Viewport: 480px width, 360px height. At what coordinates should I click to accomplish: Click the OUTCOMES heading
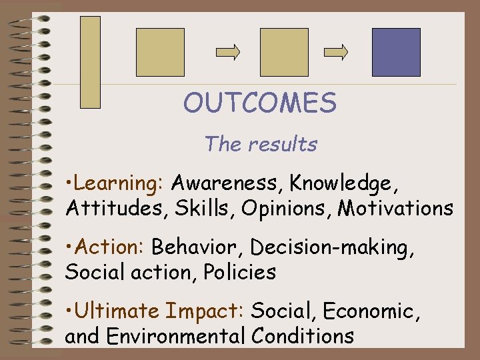pos(260,103)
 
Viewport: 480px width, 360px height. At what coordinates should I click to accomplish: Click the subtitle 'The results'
pos(261,143)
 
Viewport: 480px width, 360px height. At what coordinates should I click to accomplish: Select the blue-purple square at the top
pos(396,52)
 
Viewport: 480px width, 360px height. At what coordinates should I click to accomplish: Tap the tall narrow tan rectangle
pos(90,62)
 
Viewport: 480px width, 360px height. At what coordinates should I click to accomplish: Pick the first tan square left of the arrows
pos(160,52)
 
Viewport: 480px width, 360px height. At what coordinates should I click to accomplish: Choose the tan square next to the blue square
pos(284,52)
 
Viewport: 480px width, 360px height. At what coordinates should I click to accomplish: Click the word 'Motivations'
pos(395,209)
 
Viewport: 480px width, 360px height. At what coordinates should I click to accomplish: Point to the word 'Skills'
pos(206,209)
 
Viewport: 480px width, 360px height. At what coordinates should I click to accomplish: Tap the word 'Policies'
pos(240,272)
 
